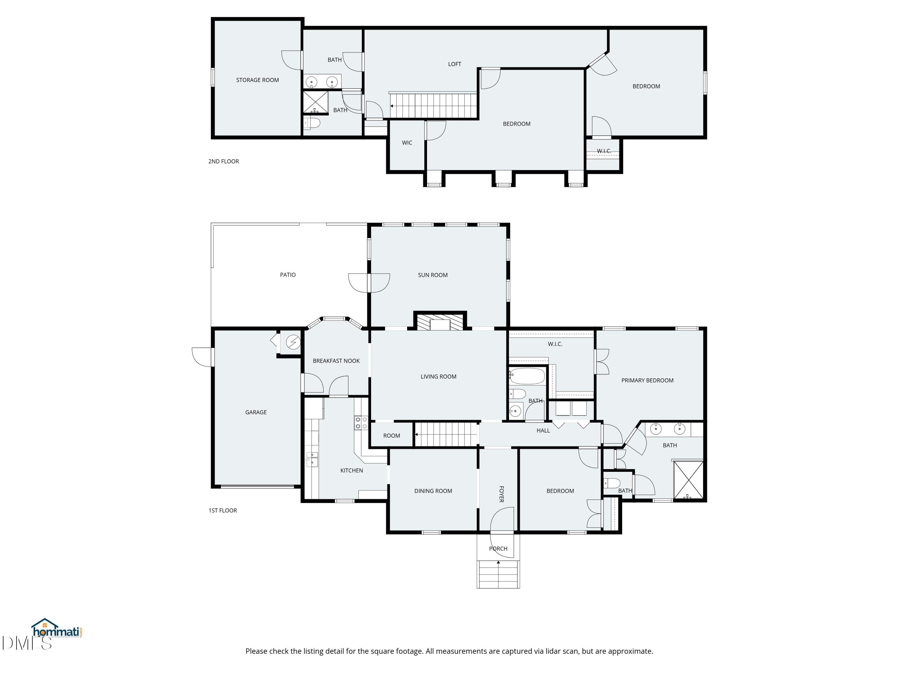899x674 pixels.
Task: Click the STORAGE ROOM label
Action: pyautogui.click(x=257, y=80)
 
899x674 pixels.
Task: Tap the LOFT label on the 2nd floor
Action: pyautogui.click(x=454, y=64)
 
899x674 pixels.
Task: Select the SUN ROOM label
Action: pyautogui.click(x=432, y=275)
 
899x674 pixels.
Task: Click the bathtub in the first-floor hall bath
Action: pyautogui.click(x=527, y=376)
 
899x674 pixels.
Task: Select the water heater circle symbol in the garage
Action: pyautogui.click(x=293, y=342)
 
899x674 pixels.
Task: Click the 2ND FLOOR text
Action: pyautogui.click(x=224, y=161)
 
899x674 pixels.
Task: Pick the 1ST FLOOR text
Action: pyautogui.click(x=222, y=510)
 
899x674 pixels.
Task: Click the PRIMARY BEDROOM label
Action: pyautogui.click(x=647, y=380)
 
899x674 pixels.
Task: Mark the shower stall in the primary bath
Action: pyautogui.click(x=688, y=480)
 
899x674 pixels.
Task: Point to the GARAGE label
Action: pyautogui.click(x=256, y=412)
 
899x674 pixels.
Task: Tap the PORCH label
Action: pyautogui.click(x=498, y=548)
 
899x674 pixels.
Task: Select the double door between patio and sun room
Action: pyautogui.click(x=369, y=283)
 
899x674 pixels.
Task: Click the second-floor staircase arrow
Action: pyautogui.click(x=391, y=106)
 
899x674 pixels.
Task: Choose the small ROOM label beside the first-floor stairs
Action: pyautogui.click(x=391, y=436)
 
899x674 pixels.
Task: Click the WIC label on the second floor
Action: pyautogui.click(x=407, y=143)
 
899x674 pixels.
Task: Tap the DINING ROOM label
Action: pyautogui.click(x=433, y=491)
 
